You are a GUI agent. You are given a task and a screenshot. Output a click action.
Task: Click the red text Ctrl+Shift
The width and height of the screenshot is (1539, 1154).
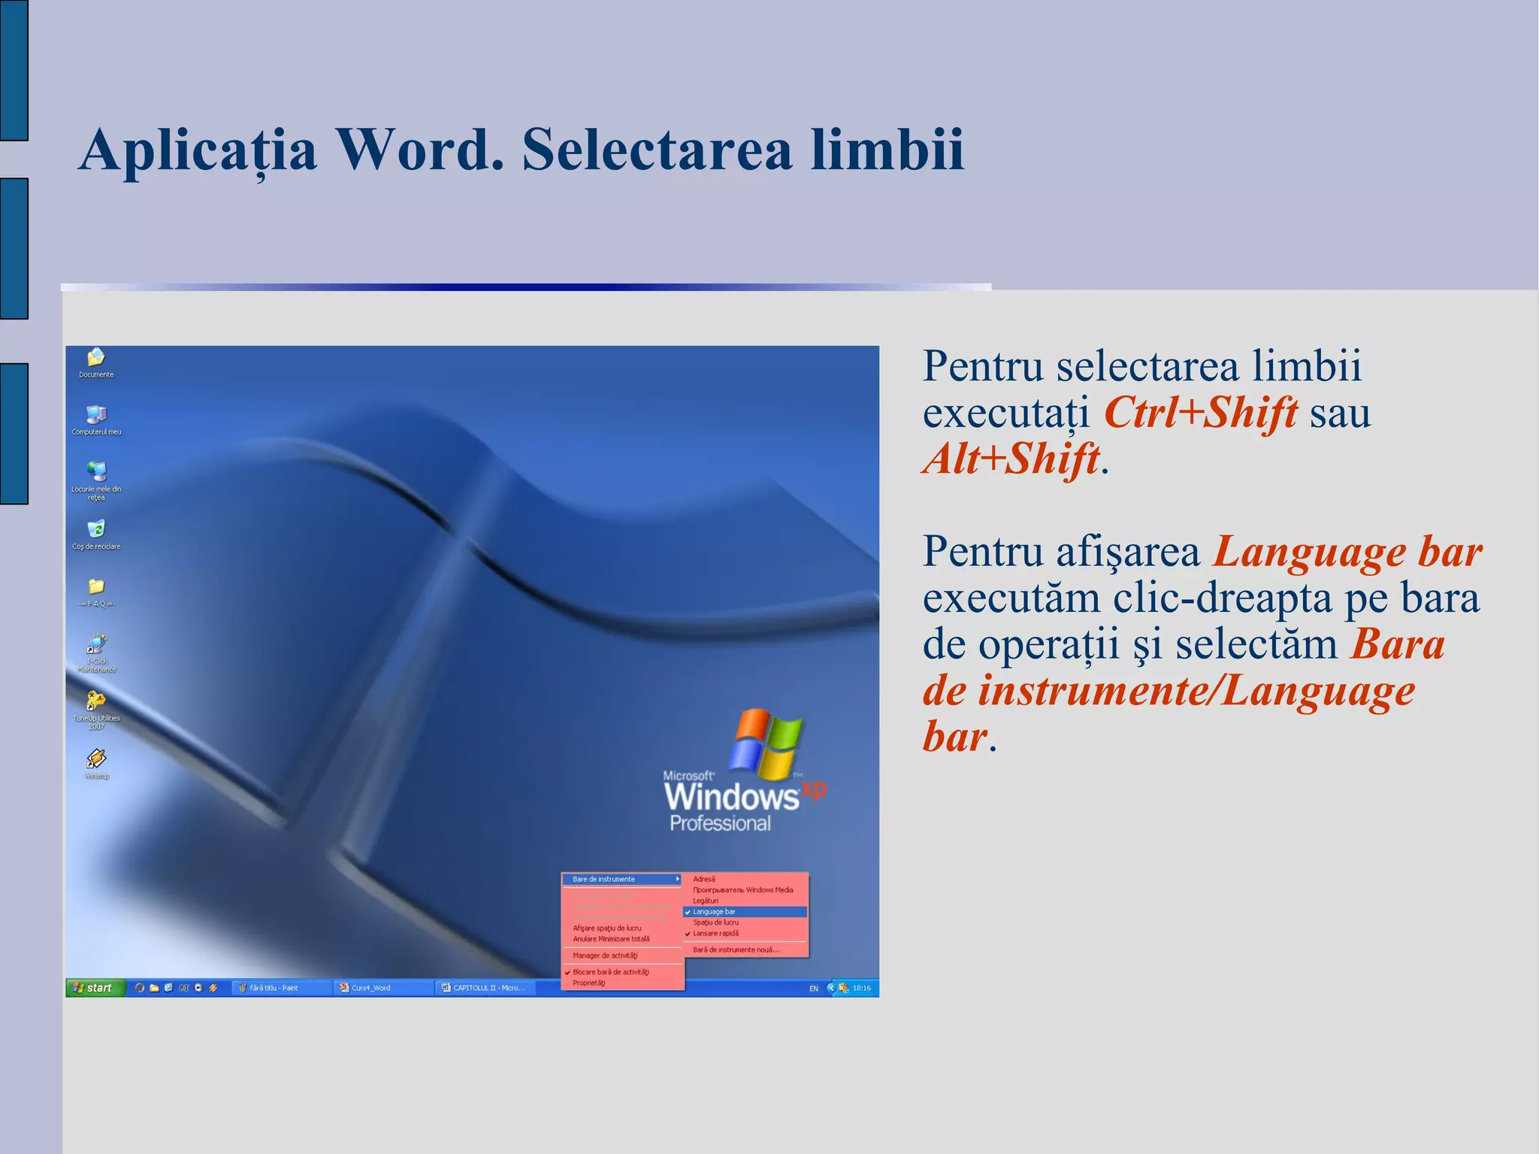pyautogui.click(x=1200, y=413)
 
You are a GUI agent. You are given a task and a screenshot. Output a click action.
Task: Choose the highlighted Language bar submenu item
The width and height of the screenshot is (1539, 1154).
pyautogui.click(x=744, y=912)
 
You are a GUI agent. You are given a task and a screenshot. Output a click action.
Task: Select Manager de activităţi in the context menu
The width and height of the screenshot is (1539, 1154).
pyautogui.click(x=605, y=956)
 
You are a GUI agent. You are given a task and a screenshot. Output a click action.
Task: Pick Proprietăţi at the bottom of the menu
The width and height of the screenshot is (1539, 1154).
pyautogui.click(x=588, y=983)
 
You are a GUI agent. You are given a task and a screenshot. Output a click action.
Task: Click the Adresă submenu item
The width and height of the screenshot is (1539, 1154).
pyautogui.click(x=704, y=879)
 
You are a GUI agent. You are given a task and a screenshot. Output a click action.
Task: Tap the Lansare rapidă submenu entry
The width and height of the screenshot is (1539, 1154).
pyautogui.click(x=715, y=934)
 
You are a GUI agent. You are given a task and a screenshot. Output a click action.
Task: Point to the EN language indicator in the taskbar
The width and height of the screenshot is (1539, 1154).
pyautogui.click(x=814, y=989)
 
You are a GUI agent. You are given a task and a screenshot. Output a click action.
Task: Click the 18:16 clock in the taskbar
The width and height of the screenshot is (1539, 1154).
pyautogui.click(x=861, y=988)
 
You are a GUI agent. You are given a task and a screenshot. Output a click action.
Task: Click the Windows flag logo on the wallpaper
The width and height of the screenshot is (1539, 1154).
pyautogui.click(x=766, y=744)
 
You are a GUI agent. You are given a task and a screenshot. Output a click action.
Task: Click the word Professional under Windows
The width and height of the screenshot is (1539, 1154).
pyautogui.click(x=720, y=824)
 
